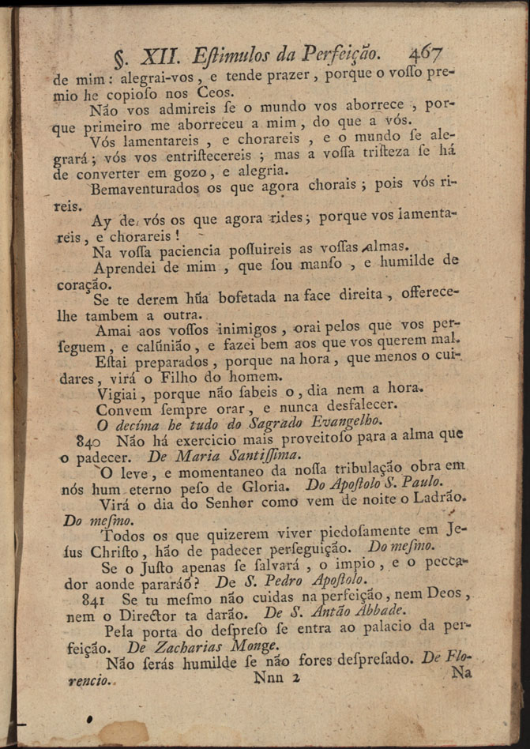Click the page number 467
(425, 53)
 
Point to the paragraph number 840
(87, 439)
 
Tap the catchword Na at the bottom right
(462, 674)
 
